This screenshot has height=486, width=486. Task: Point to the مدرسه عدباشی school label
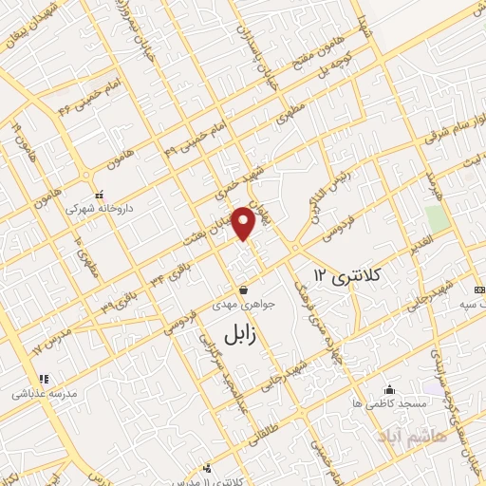[x=30, y=390]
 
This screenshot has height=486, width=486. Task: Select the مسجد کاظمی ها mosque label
[x=387, y=404]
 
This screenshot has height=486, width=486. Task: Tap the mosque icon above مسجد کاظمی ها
[x=387, y=389]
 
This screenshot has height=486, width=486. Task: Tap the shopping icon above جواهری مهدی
[x=244, y=290]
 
